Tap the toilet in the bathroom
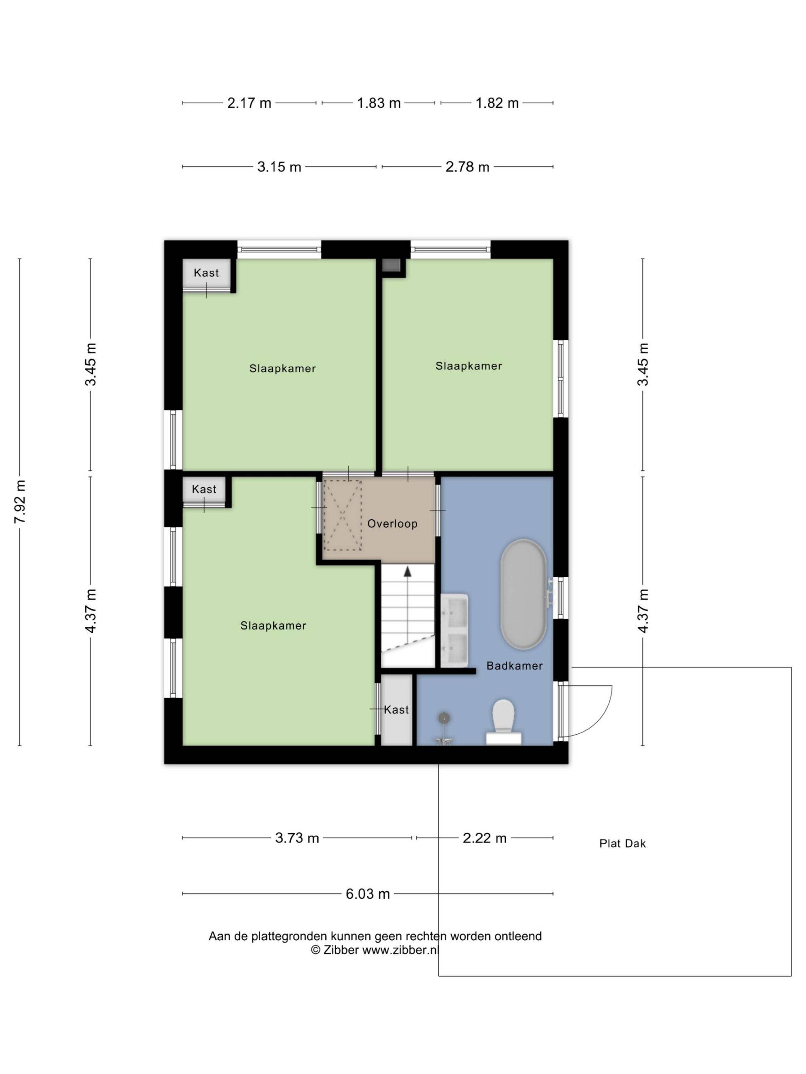click(x=503, y=722)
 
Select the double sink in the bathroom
click(x=454, y=630)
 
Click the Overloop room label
click(x=392, y=524)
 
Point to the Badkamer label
click(x=515, y=666)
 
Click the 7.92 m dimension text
click(x=20, y=502)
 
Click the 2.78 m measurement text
click(x=467, y=167)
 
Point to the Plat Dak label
click(x=623, y=843)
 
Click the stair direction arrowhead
click(x=408, y=571)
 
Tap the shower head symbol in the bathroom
click(x=444, y=717)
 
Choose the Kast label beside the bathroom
click(x=396, y=710)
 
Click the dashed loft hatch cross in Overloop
click(x=343, y=515)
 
